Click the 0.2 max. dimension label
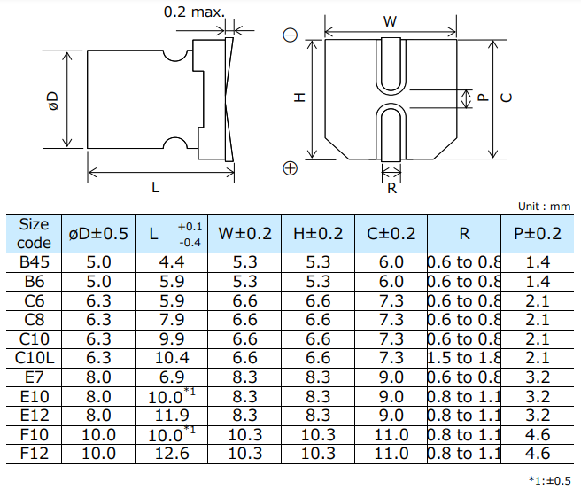195,12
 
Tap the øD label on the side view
52,100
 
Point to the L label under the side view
155,188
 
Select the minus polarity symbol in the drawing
290,36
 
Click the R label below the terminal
391,188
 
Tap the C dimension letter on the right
506,98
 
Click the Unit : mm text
545,206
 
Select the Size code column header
35,234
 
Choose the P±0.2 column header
538,234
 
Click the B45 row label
35,263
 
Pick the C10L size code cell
35,357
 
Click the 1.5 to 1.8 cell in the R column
464,357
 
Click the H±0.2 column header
317,234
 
